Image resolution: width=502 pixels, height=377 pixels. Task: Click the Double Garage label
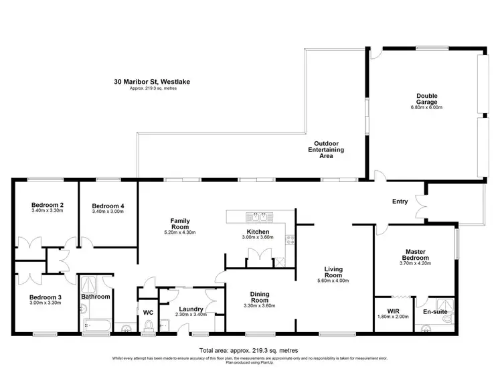tap(426, 98)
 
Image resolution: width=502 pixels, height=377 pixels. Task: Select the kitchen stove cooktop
tap(289, 240)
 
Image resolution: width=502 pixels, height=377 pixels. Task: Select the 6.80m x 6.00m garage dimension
tap(426, 107)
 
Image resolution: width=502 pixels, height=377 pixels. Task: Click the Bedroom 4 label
tap(108, 206)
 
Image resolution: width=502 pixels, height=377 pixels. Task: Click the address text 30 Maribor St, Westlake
tap(151, 82)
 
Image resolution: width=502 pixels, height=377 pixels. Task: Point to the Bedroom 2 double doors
tap(27, 246)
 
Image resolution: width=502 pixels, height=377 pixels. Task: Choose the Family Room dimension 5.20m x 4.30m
tap(180, 232)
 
